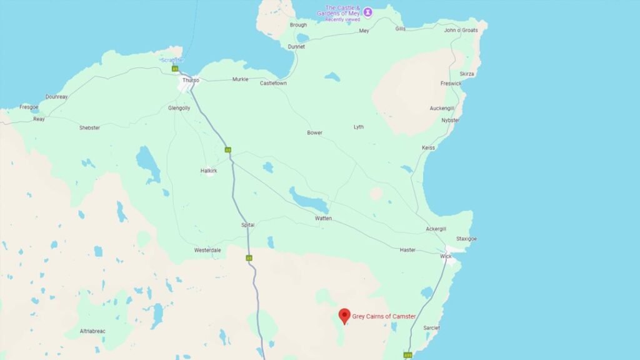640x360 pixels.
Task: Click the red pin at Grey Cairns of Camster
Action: pyautogui.click(x=344, y=316)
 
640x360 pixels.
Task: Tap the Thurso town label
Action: pyautogui.click(x=190, y=80)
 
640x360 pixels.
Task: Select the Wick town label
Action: pyautogui.click(x=446, y=256)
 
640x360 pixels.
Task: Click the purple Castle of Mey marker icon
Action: pyautogui.click(x=368, y=11)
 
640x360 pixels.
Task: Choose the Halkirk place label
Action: pyautogui.click(x=209, y=170)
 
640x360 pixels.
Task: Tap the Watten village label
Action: pyautogui.click(x=323, y=218)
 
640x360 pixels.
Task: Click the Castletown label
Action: pyautogui.click(x=273, y=82)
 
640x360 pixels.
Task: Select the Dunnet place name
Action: pyautogui.click(x=296, y=46)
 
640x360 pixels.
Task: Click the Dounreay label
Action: pyautogui.click(x=56, y=97)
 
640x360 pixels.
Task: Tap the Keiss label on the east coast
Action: pyautogui.click(x=428, y=147)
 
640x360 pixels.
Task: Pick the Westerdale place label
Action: pyautogui.click(x=207, y=250)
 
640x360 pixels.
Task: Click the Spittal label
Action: pyautogui.click(x=248, y=225)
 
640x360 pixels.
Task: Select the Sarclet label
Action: pyautogui.click(x=431, y=327)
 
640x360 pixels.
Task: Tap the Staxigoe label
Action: pyautogui.click(x=466, y=239)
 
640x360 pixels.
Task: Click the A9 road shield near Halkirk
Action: pyautogui.click(x=228, y=150)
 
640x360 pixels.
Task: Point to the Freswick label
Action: pyautogui.click(x=451, y=83)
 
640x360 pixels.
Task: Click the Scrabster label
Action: pyautogui.click(x=171, y=60)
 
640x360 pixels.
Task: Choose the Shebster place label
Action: pyautogui.click(x=89, y=127)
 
